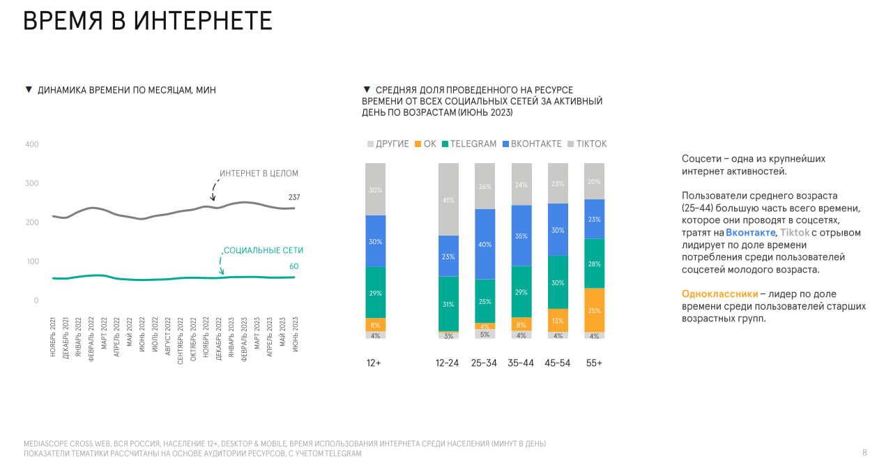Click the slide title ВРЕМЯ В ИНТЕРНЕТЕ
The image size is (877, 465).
[x=148, y=21]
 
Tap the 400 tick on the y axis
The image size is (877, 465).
[x=32, y=144]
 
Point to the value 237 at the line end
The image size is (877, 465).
[x=294, y=198]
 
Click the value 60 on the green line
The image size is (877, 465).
[x=293, y=266]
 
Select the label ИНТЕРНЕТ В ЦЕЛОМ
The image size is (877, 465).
[x=259, y=174]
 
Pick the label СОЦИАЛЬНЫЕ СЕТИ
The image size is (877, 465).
[x=264, y=250]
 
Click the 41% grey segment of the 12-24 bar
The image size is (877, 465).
[x=448, y=199]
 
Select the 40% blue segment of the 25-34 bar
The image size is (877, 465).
[x=485, y=244]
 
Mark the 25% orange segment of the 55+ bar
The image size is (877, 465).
[x=594, y=310]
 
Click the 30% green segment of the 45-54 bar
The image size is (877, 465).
[x=558, y=282]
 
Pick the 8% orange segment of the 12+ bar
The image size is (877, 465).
[x=375, y=325]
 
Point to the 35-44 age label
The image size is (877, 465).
[x=521, y=363]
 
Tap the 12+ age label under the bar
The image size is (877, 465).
[x=374, y=363]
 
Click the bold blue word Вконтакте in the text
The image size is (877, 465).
[x=750, y=233]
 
